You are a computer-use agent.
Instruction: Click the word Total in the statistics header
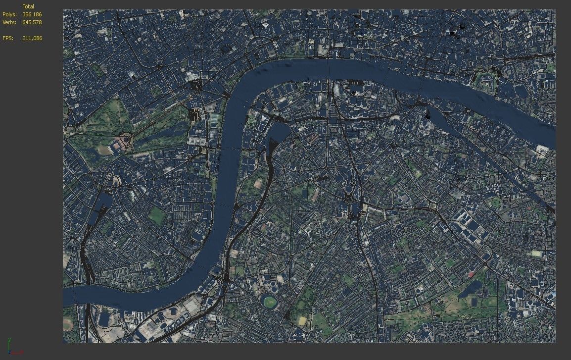(28, 6)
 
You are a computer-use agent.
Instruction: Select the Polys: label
(9, 14)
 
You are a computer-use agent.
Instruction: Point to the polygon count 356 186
(32, 14)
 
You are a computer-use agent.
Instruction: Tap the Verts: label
(9, 22)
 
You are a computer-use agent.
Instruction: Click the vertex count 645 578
(32, 22)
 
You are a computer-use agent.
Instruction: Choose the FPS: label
(8, 38)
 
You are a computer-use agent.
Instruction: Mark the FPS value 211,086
(32, 38)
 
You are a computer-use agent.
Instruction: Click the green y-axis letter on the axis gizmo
(9, 340)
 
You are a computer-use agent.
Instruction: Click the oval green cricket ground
(270, 301)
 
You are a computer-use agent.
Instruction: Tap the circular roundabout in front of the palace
(126, 140)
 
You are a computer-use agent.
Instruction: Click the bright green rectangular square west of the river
(157, 215)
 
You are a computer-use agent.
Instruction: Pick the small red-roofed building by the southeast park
(471, 274)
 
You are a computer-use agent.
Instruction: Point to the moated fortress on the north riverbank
(485, 80)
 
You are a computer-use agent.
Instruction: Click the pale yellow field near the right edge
(536, 253)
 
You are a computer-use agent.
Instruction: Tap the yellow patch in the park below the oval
(302, 321)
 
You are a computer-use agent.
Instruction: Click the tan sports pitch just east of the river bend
(258, 183)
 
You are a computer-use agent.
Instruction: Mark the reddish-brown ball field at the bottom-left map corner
(68, 324)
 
